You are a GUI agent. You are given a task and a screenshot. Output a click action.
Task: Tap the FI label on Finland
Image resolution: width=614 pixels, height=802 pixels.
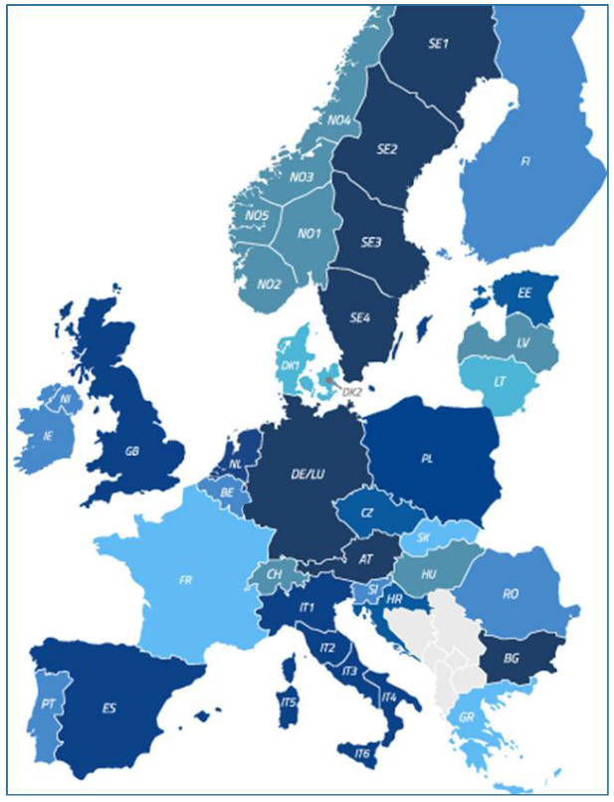(x=525, y=159)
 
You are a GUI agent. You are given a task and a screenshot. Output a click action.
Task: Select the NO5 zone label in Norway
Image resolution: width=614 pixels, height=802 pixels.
(x=258, y=215)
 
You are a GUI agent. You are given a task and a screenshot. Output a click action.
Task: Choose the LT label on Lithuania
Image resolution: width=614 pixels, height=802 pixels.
(x=502, y=380)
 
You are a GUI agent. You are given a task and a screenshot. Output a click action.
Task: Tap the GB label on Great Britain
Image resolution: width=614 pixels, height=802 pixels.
(x=131, y=450)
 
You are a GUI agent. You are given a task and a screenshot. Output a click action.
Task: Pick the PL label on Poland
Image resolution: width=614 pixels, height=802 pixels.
(x=428, y=460)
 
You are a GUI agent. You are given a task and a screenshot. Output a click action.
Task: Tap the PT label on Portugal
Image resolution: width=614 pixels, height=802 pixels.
(x=47, y=703)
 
